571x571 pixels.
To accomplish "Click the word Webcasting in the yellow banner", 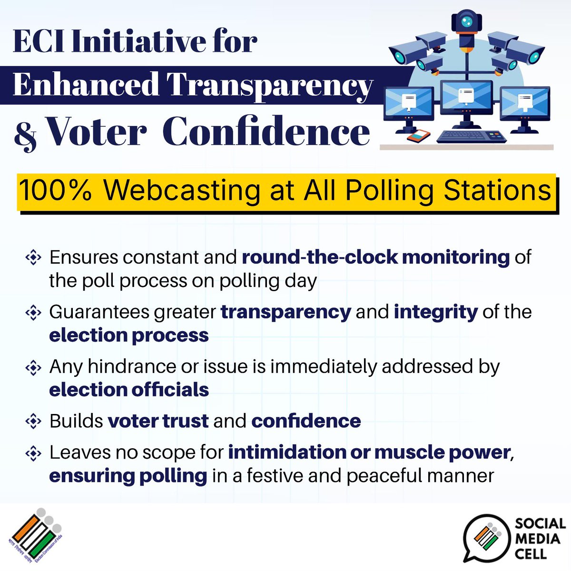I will [x=182, y=191].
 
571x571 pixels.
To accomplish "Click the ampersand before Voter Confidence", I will [x=26, y=134].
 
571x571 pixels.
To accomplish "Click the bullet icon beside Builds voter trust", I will [x=33, y=421].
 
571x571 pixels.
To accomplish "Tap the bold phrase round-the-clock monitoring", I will [x=375, y=257].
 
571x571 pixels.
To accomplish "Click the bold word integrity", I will [x=435, y=312].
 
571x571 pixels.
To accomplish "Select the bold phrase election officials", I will [x=129, y=390].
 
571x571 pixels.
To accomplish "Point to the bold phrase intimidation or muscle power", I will [x=369, y=452].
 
